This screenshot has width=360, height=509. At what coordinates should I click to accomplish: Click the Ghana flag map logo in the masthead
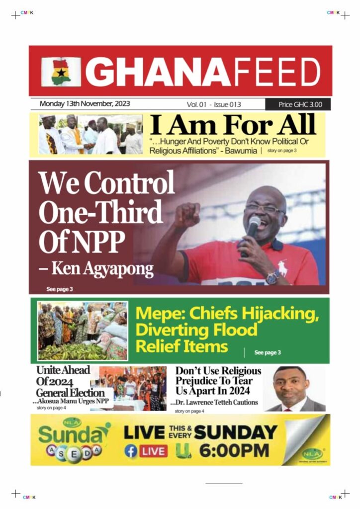(61, 72)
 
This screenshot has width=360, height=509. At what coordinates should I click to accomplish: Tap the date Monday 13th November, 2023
(85, 104)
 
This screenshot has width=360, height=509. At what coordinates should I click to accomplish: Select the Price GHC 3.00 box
(297, 104)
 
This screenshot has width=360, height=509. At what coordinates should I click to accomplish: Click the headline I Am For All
(233, 125)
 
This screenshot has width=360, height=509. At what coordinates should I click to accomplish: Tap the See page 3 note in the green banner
(268, 352)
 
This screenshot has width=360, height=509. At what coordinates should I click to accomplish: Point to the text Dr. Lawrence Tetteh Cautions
(217, 402)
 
